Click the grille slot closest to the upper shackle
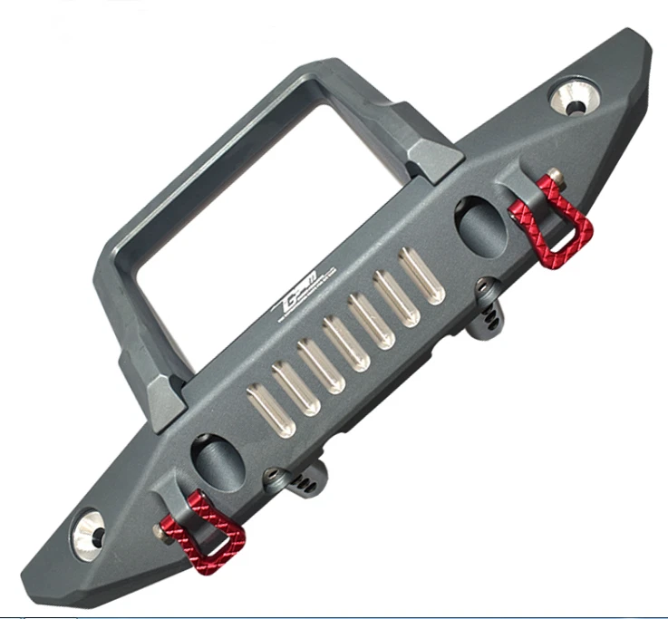(x=421, y=276)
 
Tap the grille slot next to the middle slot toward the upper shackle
(x=372, y=321)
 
